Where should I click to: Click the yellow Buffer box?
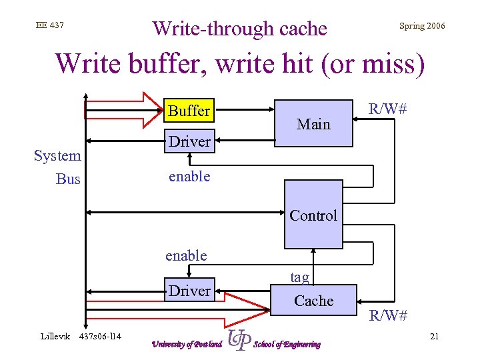(189, 111)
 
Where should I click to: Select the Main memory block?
(313, 123)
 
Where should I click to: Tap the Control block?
(313, 215)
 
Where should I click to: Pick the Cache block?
(313, 301)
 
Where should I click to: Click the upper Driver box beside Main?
(189, 141)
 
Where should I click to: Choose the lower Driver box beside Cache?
(189, 291)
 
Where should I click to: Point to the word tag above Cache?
(299, 277)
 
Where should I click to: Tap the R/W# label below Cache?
(389, 315)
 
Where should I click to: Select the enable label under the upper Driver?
(189, 176)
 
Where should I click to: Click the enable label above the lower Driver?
(186, 255)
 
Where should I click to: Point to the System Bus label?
(58, 167)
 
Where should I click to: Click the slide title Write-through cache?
(240, 29)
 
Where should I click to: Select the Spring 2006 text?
(421, 26)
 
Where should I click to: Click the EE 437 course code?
(50, 25)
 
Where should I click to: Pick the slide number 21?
(434, 336)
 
